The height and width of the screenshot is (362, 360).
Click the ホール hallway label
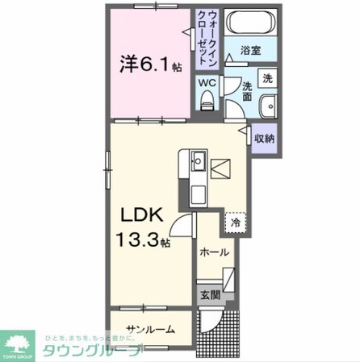[214, 252]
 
